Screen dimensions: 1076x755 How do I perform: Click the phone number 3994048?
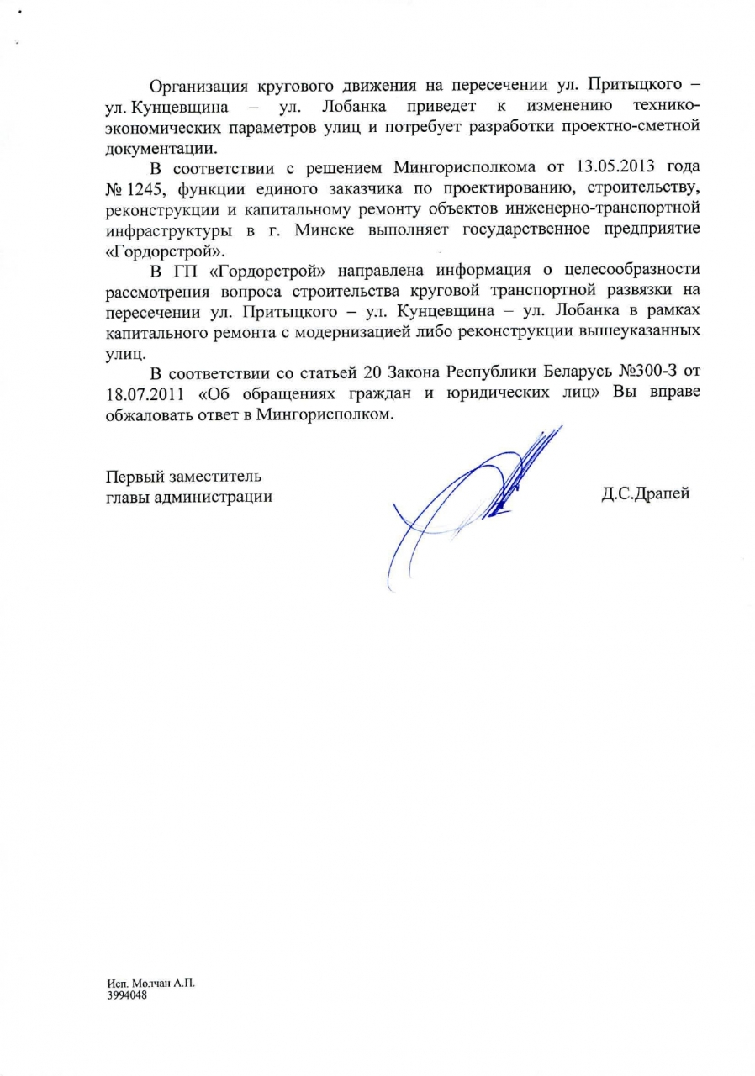pyautogui.click(x=126, y=992)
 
